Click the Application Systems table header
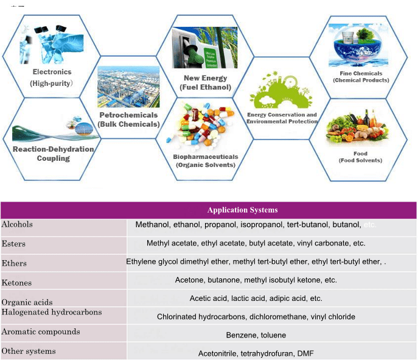pos(242,210)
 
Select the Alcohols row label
pos(17,224)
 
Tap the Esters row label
pos(13,244)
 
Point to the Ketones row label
pos(16,283)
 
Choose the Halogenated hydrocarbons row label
pos(52,312)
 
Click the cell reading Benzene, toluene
pos(256,335)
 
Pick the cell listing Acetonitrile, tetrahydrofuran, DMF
pos(256,353)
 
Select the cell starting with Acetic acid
pos(256,298)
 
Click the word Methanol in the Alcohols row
pos(152,225)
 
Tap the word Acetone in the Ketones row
pos(190,280)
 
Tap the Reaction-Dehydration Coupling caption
pos(54,154)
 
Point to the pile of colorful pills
pos(200,124)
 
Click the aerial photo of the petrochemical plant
pos(128,87)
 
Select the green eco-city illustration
pos(281,90)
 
